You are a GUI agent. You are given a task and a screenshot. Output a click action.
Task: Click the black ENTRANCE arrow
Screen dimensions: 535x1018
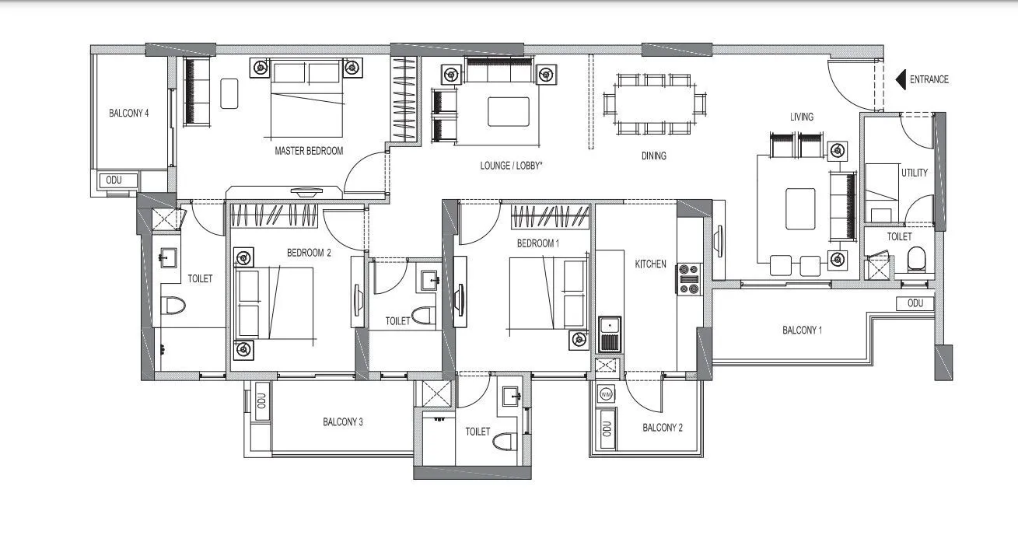[901, 79]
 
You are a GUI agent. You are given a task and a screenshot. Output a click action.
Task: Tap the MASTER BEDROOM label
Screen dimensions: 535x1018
[309, 151]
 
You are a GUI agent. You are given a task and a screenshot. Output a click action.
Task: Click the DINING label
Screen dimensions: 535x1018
[653, 156]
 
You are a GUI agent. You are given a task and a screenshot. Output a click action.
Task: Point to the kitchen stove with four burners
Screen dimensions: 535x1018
[689, 279]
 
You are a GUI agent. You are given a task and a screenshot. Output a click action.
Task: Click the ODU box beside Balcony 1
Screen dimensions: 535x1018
[915, 303]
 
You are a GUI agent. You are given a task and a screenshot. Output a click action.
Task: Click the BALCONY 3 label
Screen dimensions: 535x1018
[343, 422]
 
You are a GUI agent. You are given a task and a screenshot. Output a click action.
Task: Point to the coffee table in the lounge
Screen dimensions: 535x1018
[508, 110]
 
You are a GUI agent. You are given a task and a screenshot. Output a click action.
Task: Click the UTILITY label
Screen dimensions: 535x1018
[914, 173]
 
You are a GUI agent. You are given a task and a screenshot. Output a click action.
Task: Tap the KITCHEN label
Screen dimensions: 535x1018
[650, 264]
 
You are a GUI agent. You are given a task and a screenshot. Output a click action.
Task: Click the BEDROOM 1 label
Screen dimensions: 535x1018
[538, 243]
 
